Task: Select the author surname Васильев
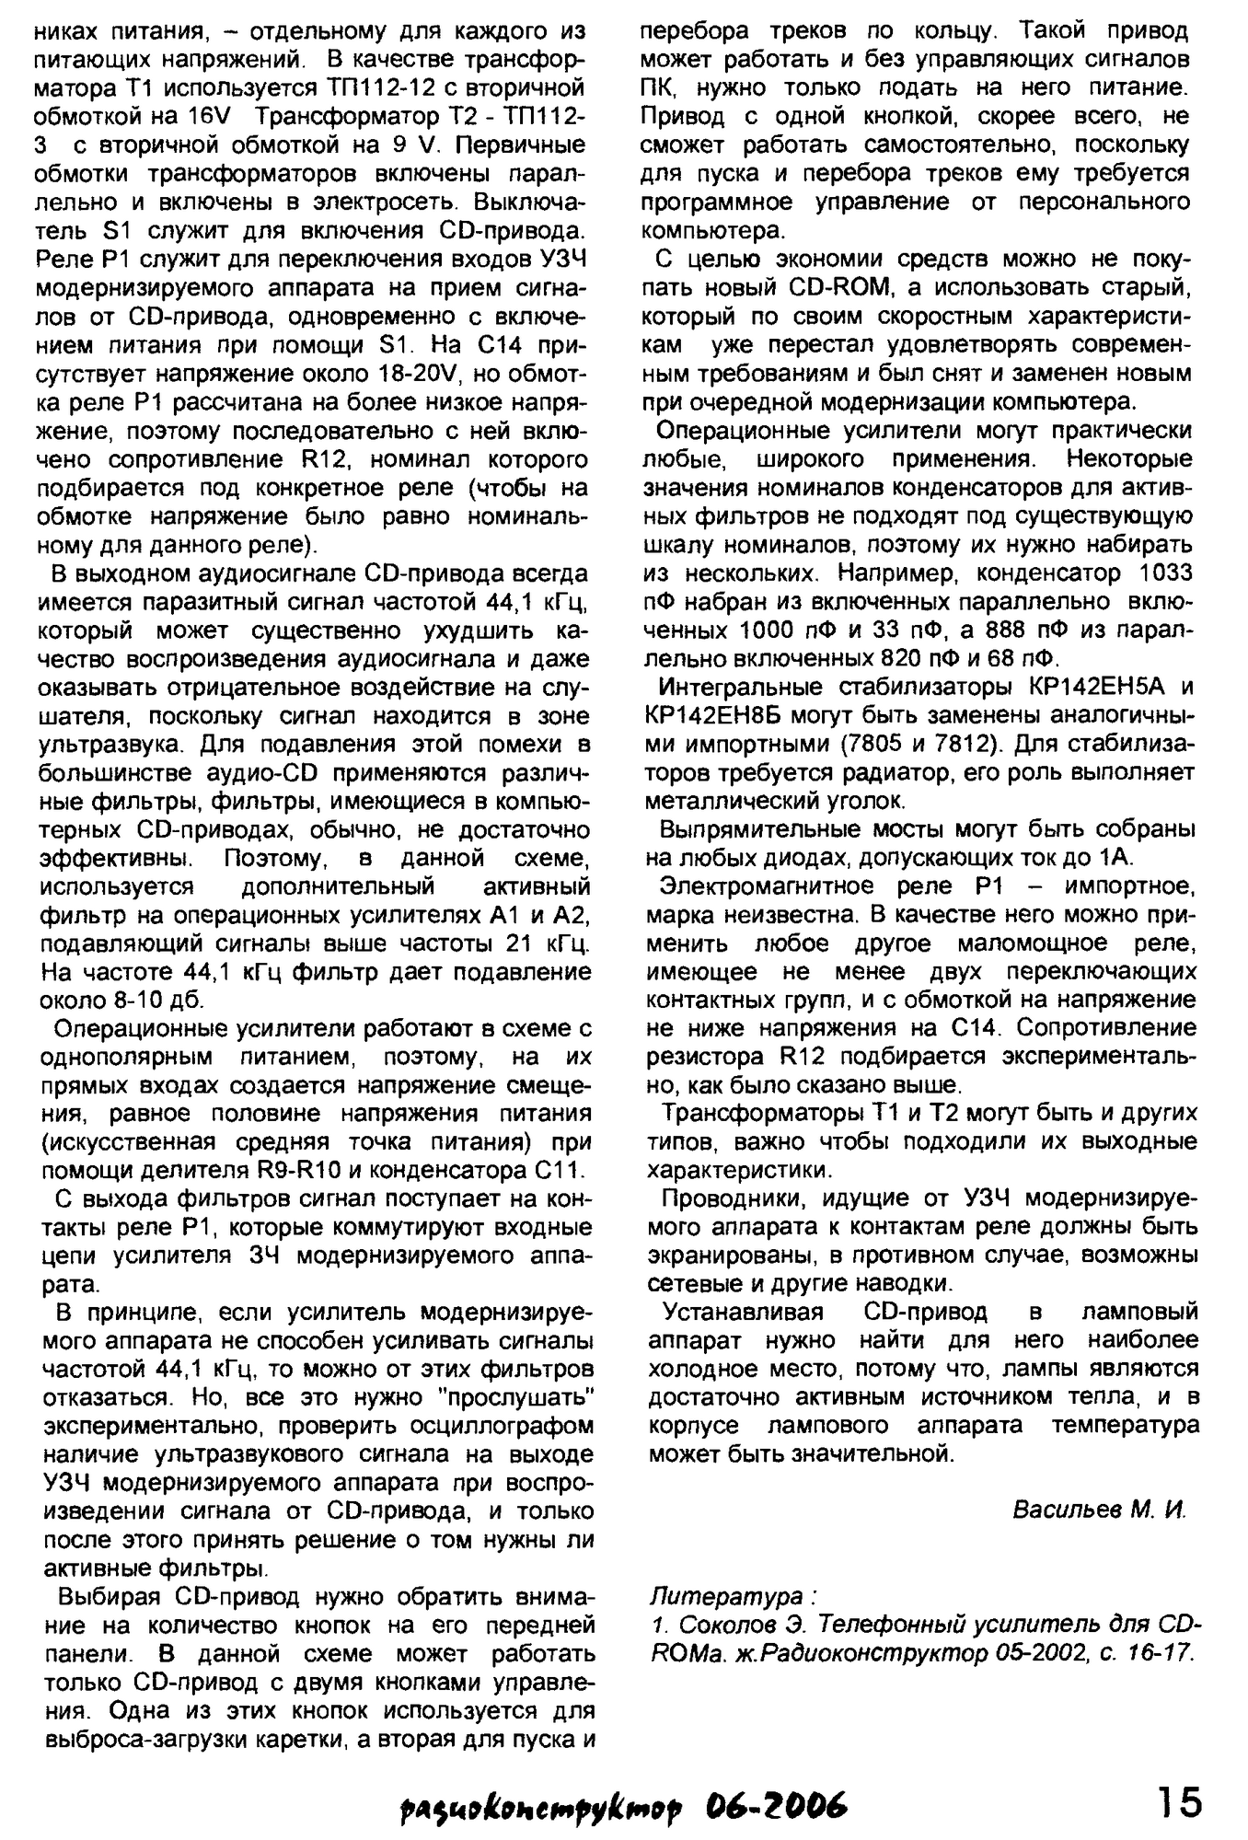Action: coord(1064,1510)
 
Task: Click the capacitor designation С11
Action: coord(552,1171)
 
